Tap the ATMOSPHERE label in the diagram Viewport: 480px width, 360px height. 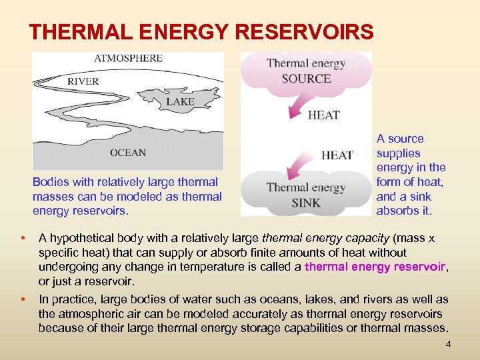coord(128,58)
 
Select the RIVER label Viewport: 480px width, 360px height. coord(83,81)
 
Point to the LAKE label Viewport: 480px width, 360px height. coord(180,102)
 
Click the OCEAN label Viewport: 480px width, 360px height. coord(128,153)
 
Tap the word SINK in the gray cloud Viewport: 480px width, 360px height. coord(306,203)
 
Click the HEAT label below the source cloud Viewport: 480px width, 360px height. coord(324,115)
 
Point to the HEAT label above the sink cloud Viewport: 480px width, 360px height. coord(337,155)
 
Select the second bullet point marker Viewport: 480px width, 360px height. coord(23,300)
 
